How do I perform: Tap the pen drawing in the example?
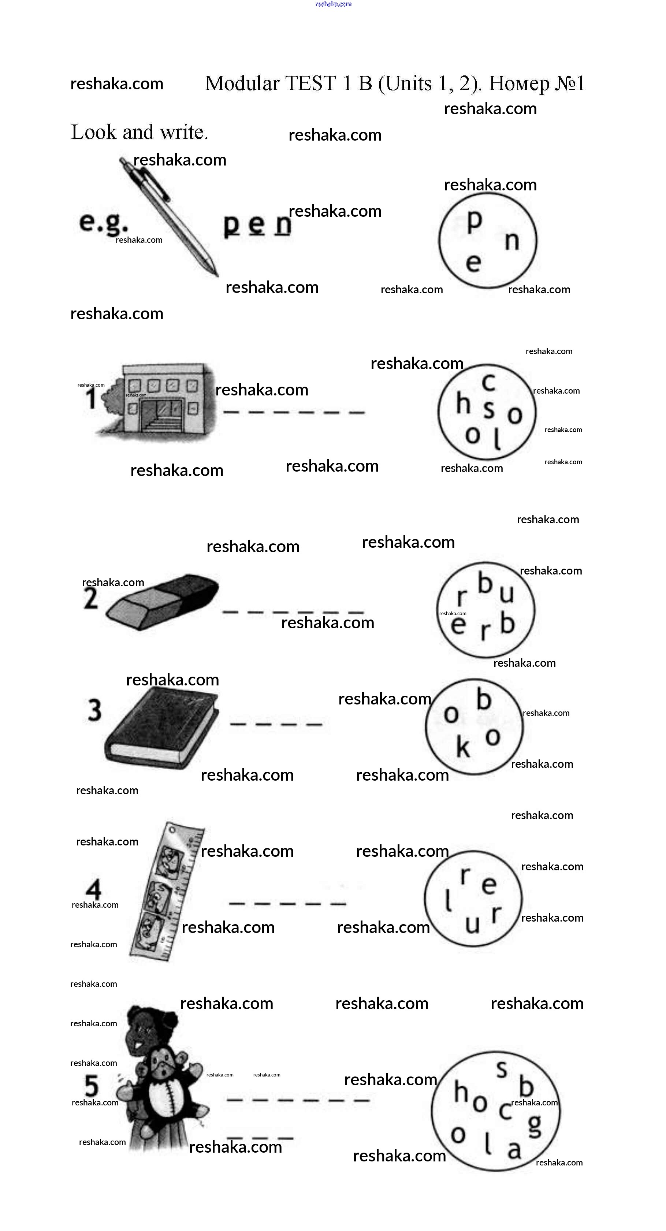(169, 216)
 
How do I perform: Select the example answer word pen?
(257, 225)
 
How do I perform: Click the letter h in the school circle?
(463, 403)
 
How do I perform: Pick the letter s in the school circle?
(488, 409)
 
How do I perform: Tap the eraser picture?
(161, 602)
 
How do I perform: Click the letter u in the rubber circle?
(506, 594)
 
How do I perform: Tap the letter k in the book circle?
(463, 747)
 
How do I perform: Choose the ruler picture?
(166, 892)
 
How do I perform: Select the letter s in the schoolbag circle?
(501, 1069)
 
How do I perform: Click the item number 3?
(94, 710)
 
